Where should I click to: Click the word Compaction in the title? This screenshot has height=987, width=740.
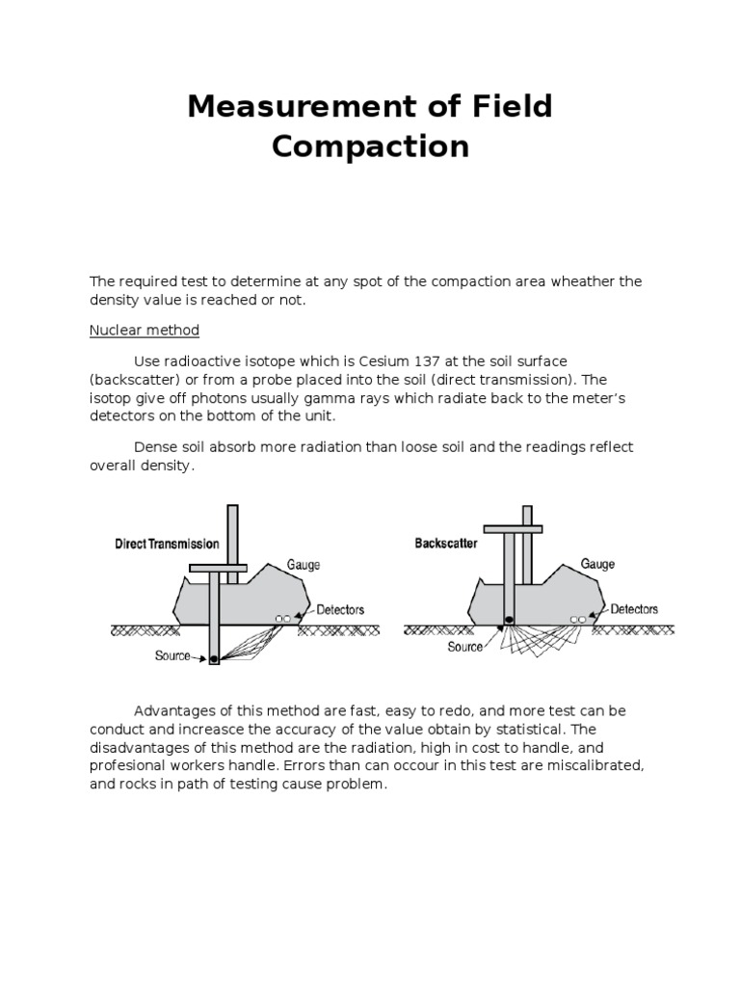tap(370, 147)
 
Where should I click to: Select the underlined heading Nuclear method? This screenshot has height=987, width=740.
tap(145, 331)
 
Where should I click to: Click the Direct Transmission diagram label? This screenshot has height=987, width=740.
tap(167, 545)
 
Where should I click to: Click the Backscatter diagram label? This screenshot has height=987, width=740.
tap(446, 544)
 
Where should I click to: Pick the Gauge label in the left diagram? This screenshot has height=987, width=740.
tap(304, 566)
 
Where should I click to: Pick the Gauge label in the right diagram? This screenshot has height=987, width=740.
tap(597, 565)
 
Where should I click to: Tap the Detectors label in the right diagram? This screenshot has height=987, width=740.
tap(634, 609)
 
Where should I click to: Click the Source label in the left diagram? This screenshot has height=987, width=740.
tap(173, 655)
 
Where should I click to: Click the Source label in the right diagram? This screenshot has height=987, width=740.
tap(464, 647)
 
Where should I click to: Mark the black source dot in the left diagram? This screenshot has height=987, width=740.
tap(214, 659)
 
